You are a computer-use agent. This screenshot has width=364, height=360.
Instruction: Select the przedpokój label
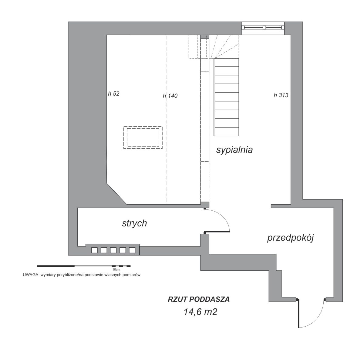(x=290, y=238)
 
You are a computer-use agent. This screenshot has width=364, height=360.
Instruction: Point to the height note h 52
(x=113, y=93)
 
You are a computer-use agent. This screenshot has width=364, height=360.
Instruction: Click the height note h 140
(x=170, y=96)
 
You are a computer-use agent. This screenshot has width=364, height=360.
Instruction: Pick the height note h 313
(x=281, y=95)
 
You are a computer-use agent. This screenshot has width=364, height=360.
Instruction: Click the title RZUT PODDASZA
(x=199, y=299)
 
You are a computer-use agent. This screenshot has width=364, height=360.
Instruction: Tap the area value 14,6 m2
(x=201, y=312)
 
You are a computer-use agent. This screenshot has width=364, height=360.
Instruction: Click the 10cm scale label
(x=116, y=270)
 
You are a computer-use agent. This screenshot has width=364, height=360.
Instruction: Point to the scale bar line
(x=84, y=266)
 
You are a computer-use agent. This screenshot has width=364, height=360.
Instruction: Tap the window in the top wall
(x=263, y=28)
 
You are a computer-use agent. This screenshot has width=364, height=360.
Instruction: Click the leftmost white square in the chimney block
(x=94, y=250)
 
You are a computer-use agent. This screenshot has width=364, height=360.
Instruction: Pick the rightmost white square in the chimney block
(x=132, y=250)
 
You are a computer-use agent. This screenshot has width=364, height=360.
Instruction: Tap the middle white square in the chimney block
(x=113, y=250)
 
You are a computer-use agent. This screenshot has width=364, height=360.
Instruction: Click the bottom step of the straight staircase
(x=227, y=132)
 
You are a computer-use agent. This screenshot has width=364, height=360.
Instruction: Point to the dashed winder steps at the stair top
(x=224, y=46)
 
